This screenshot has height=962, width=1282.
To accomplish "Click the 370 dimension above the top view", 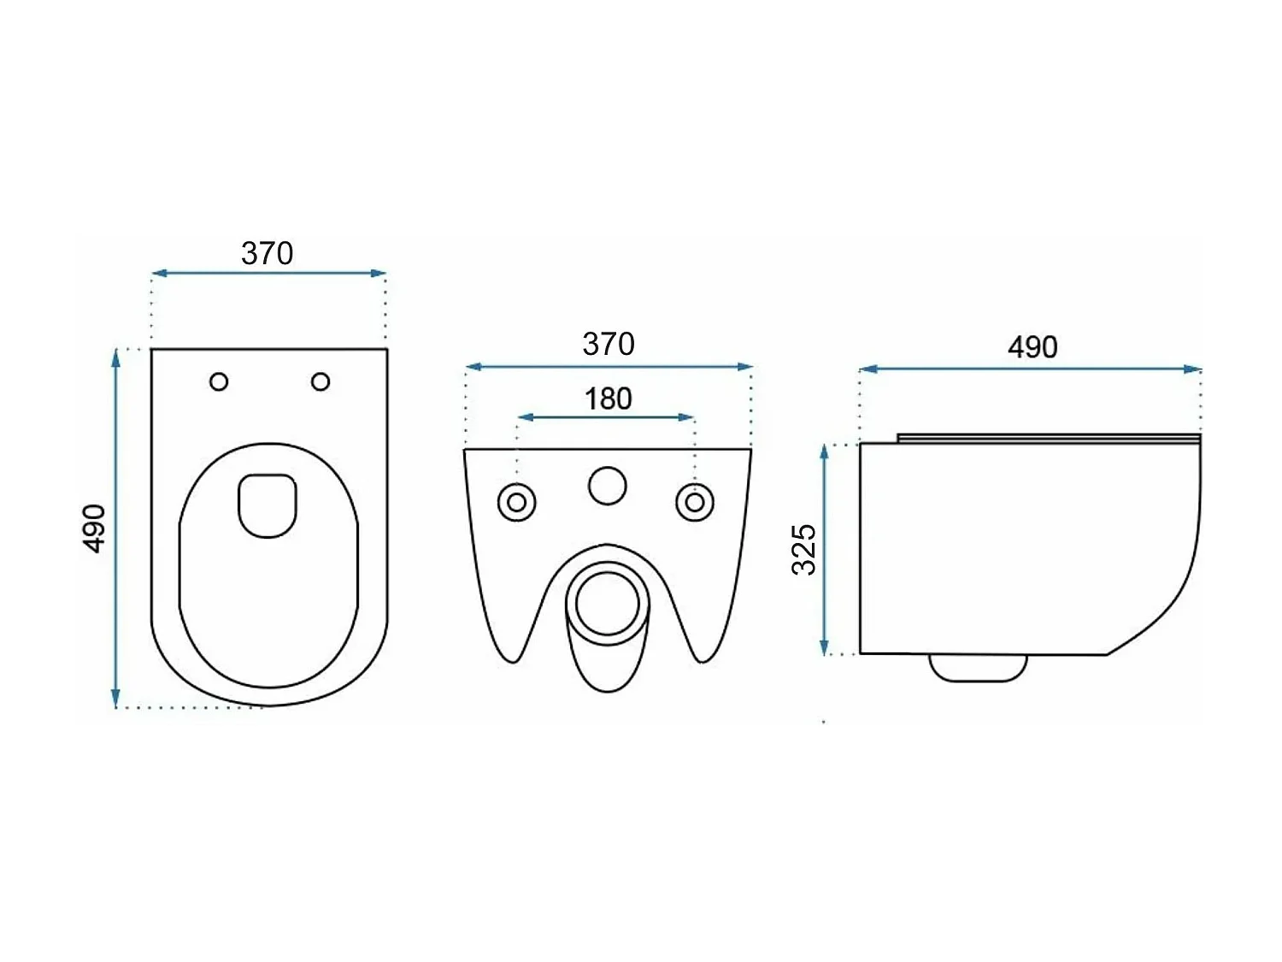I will (x=267, y=254).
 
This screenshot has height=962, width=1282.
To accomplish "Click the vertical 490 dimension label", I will (x=95, y=528).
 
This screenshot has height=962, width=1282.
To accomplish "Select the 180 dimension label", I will (x=608, y=399).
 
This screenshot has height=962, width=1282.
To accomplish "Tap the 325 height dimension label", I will (x=804, y=549).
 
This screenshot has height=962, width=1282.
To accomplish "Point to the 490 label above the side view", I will (x=1032, y=347).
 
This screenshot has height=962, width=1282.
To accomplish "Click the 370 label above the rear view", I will (x=608, y=345).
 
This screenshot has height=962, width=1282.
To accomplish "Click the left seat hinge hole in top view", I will (x=219, y=382).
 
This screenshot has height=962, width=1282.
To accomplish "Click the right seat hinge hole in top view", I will (x=320, y=381).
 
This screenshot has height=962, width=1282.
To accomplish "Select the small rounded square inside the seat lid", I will (x=268, y=505).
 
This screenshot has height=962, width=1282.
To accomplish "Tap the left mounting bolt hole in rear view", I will (x=517, y=503).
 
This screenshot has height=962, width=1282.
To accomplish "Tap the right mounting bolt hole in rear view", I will (x=695, y=503).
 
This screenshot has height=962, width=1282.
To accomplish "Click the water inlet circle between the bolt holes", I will (x=607, y=486).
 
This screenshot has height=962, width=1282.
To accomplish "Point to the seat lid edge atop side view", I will (x=1049, y=439).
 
